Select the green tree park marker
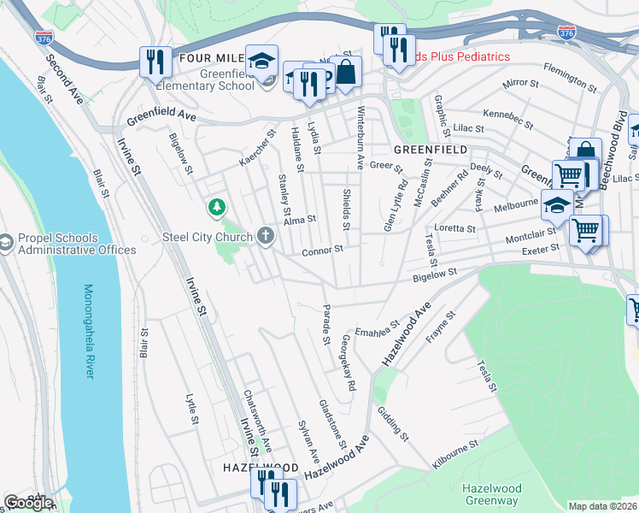pos(218,207)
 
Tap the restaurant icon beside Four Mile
pos(154,60)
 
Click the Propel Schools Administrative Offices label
pos(75,244)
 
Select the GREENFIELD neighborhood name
pos(431,149)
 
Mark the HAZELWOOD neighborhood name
pos(261,468)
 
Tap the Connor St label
pos(322,251)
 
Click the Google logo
pos(28,502)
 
